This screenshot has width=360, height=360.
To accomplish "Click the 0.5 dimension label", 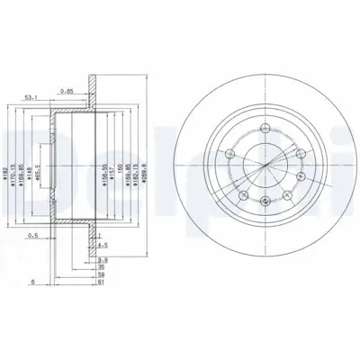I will [34, 237].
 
